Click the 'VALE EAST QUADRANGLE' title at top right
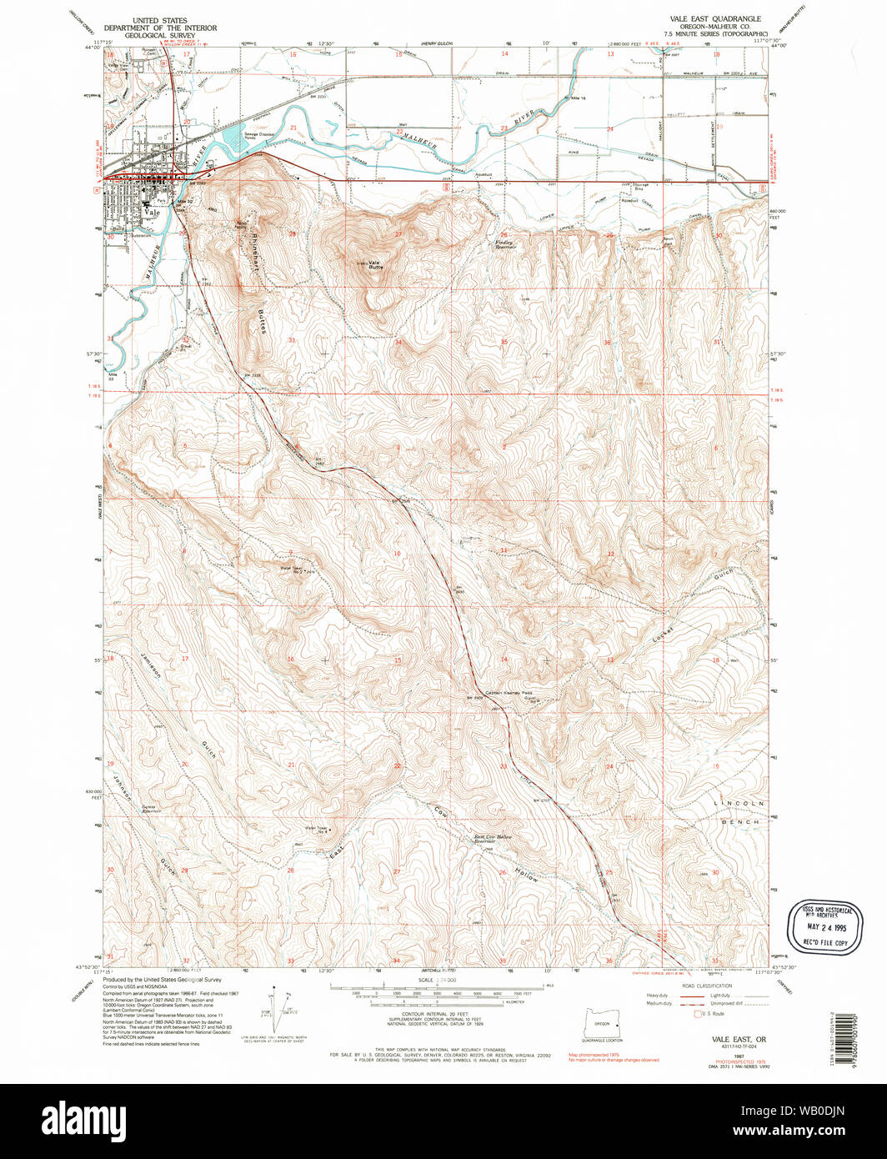click(715, 18)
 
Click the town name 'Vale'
click(151, 213)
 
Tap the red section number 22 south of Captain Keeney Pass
click(398, 766)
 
